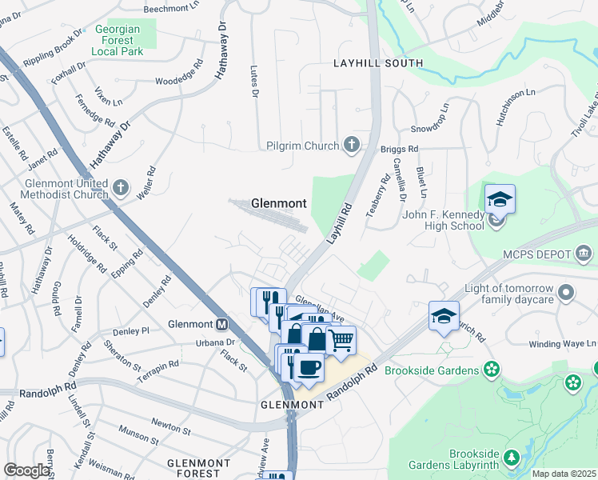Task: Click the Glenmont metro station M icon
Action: point(221,325)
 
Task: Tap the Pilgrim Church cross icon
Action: point(350,144)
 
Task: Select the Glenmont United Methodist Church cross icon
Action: point(120,187)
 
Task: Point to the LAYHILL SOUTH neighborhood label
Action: point(378,62)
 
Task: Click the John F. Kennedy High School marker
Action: point(496,218)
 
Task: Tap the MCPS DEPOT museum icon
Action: point(584,254)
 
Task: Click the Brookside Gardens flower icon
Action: point(492,370)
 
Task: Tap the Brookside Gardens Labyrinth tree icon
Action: point(509,458)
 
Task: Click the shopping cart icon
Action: point(341,340)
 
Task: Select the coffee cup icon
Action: point(309,367)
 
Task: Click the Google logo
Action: point(26,470)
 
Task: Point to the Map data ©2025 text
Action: point(564,474)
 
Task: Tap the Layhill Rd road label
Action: point(339,223)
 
